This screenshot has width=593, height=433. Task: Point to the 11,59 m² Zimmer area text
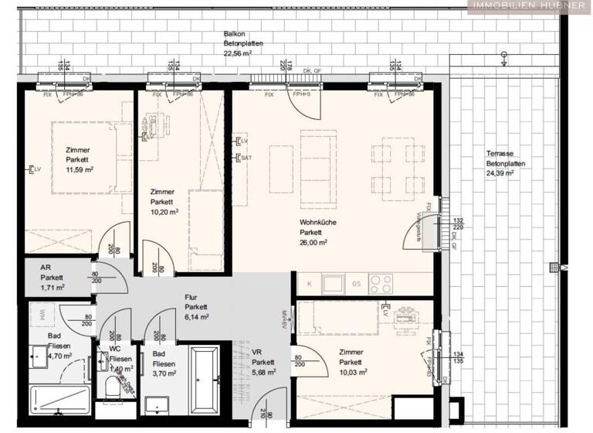click(79, 169)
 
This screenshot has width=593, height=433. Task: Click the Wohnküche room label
click(318, 221)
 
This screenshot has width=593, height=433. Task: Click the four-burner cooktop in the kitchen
click(380, 283)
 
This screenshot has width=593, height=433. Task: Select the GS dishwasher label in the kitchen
click(356, 284)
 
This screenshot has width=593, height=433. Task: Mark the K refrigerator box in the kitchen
click(310, 284)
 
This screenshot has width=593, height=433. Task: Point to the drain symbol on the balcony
click(504, 56)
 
